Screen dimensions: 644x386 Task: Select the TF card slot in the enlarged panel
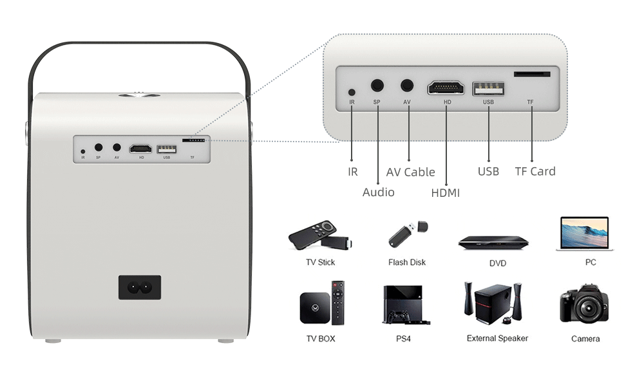click(x=531, y=74)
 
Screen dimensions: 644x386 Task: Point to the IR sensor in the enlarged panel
click(x=352, y=92)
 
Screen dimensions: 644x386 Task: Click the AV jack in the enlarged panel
click(x=407, y=85)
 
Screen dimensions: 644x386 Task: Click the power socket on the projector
click(x=140, y=287)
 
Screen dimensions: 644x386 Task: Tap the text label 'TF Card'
click(x=535, y=171)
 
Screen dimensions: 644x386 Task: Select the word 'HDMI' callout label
click(x=445, y=192)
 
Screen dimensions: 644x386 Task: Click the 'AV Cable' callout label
click(x=410, y=172)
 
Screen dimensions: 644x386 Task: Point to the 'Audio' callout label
click(x=378, y=192)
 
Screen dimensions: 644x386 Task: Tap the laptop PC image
click(x=584, y=234)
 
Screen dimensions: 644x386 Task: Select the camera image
click(x=584, y=304)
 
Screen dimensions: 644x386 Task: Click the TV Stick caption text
click(x=320, y=262)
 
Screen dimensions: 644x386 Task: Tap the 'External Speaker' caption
click(x=497, y=338)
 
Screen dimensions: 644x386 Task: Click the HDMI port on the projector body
click(x=141, y=149)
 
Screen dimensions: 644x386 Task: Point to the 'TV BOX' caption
click(x=320, y=338)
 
